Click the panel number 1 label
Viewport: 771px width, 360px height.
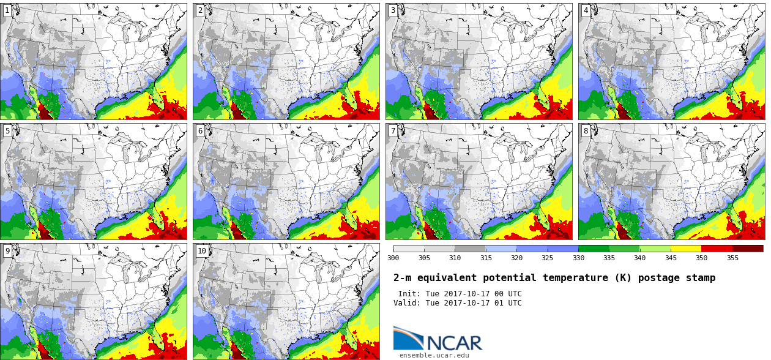coord(7,10)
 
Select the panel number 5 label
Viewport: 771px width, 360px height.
coord(7,130)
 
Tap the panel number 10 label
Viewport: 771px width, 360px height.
coord(202,251)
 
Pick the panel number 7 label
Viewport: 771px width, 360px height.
coord(393,130)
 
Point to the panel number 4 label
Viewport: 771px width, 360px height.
coord(586,10)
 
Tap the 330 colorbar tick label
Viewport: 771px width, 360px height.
coord(578,258)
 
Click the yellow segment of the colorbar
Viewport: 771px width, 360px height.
coord(686,249)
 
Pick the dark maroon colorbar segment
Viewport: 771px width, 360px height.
coord(748,249)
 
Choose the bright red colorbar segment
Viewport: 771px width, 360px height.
coord(717,249)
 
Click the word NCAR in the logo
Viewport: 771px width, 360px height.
coord(454,343)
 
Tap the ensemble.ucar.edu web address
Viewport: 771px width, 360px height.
coord(434,355)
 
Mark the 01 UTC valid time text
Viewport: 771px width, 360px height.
coord(508,303)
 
